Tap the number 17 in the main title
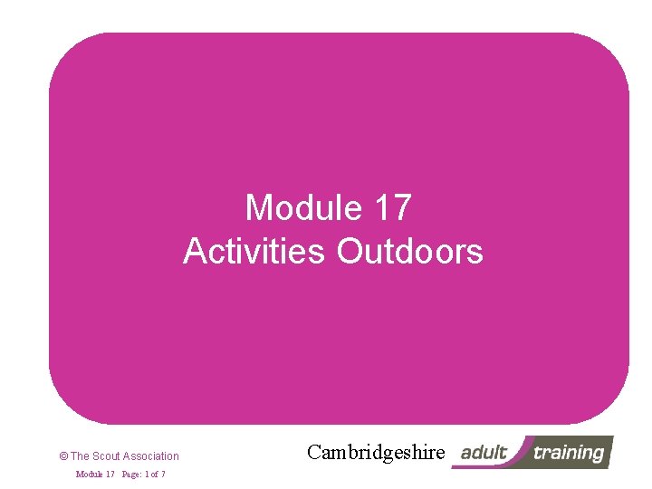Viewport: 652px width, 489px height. tap(391, 208)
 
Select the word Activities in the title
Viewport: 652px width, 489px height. tap(254, 251)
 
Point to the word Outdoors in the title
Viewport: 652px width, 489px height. tap(410, 251)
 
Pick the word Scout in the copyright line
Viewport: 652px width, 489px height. tap(105, 456)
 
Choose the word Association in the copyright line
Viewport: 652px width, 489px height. tap(151, 456)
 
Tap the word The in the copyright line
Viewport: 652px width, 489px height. tap(80, 456)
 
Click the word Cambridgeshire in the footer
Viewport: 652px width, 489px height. tap(376, 452)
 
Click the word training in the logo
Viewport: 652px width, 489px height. tap(568, 452)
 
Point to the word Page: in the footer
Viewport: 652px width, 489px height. tap(133, 475)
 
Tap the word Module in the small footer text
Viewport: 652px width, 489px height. tap(89, 475)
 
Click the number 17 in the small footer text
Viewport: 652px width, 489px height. tap(110, 475)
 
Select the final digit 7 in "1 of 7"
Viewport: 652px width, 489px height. tap(162, 475)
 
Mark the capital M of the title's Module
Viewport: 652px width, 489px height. tap(259, 208)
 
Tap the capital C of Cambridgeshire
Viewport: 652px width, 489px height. tap(314, 452)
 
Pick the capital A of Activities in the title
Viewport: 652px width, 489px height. tap(196, 251)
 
